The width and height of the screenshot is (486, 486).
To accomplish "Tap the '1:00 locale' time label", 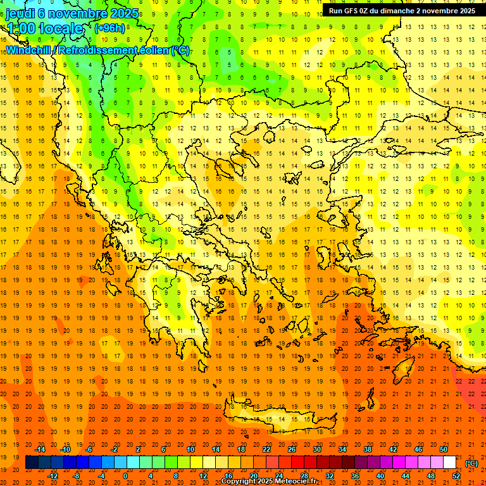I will coord(44,28).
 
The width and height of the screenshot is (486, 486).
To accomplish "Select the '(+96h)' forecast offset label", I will coord(109,28).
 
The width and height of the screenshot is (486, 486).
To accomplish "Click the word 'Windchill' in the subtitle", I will coord(29,50).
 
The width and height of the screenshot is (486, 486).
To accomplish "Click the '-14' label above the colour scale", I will coord(41,450).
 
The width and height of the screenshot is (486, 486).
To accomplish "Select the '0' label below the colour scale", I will coord(125,476).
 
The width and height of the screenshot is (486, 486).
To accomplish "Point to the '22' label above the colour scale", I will coord(266,450).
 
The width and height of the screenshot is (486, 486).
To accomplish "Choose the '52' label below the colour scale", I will coord(456,476).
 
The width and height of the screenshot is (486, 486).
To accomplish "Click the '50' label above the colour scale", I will coord(444,450).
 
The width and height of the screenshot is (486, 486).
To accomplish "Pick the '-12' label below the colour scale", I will coord(54,476).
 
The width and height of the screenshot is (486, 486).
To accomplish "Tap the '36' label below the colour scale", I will coord(355,476).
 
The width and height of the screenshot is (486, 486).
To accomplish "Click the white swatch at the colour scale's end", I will coord(450,463).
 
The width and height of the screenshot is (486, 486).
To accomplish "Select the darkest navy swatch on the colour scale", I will coord(32,463).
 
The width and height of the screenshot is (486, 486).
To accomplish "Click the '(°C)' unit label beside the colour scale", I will coord(471,463).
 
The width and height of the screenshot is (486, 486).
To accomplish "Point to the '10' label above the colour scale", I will coord(190,450).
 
